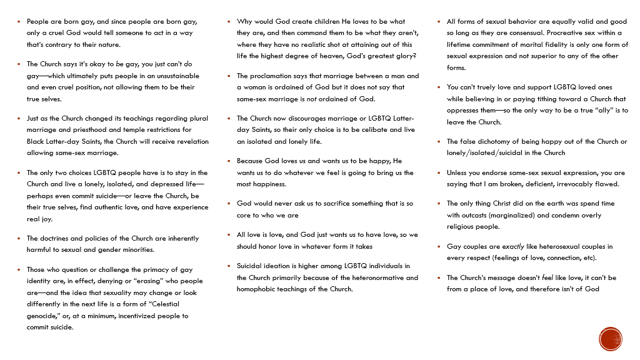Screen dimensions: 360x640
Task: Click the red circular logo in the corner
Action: (x=610, y=339)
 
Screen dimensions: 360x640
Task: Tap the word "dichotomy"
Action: (x=501, y=141)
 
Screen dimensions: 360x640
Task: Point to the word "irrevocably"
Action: (x=579, y=184)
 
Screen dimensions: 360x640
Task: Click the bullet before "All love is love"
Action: (x=229, y=235)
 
